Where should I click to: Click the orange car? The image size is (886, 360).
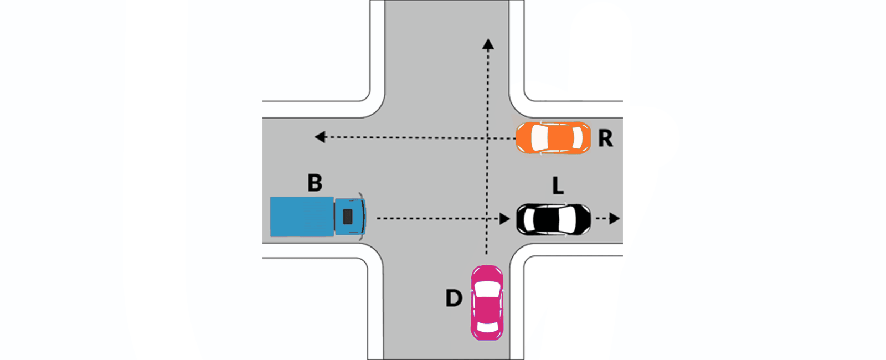[553, 138]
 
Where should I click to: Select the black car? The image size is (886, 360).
[553, 219]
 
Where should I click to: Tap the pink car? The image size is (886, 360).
[487, 302]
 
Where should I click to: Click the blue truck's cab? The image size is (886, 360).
[350, 217]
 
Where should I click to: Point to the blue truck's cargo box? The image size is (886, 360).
[302, 217]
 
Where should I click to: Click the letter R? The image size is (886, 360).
[606, 138]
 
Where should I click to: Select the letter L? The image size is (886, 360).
[558, 185]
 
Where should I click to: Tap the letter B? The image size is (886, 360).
[315, 183]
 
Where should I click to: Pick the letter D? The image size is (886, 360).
[454, 298]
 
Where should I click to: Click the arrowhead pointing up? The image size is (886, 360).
[488, 44]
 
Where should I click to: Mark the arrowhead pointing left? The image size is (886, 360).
[320, 137]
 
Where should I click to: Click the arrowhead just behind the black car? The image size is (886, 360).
[504, 219]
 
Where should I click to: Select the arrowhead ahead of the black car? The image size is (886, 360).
[615, 218]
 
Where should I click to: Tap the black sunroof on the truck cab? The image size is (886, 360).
[348, 217]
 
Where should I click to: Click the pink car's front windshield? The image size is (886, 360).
[487, 289]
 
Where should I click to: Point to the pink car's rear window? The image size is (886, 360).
[487, 327]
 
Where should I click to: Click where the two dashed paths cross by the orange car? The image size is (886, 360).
[488, 138]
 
